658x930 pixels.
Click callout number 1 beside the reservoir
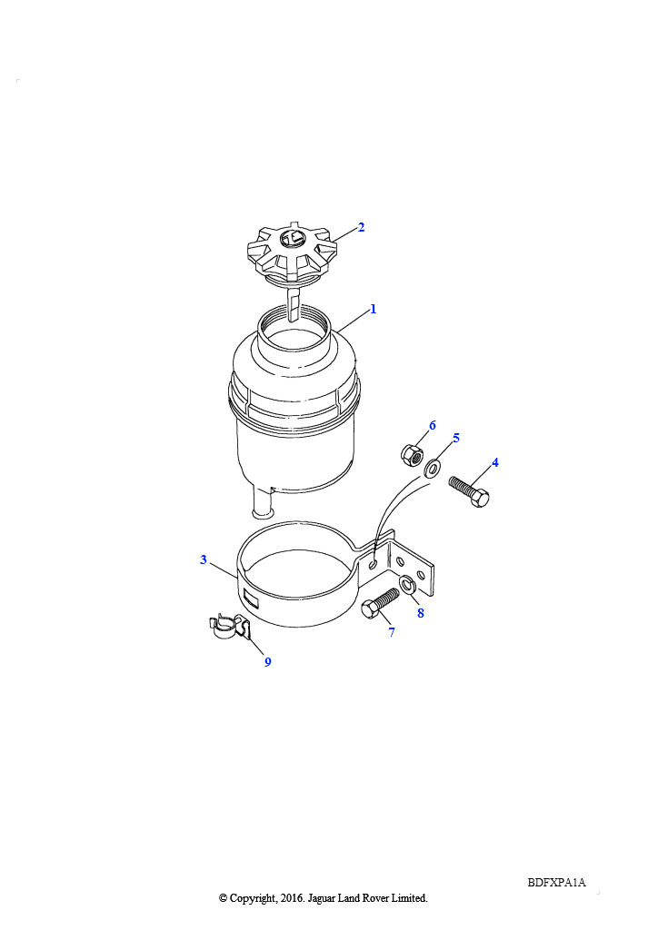click(374, 309)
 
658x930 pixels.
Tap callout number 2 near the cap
click(361, 227)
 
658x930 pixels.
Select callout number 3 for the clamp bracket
click(204, 559)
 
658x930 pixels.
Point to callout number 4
click(494, 462)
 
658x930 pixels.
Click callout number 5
click(455, 438)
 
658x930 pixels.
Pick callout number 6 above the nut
click(432, 425)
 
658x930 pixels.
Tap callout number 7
click(392, 632)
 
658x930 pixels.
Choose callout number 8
click(421, 613)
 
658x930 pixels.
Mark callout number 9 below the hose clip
click(267, 662)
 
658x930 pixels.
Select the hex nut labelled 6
click(412, 456)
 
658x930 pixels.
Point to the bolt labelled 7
click(380, 604)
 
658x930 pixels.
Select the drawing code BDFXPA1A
click(556, 883)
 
